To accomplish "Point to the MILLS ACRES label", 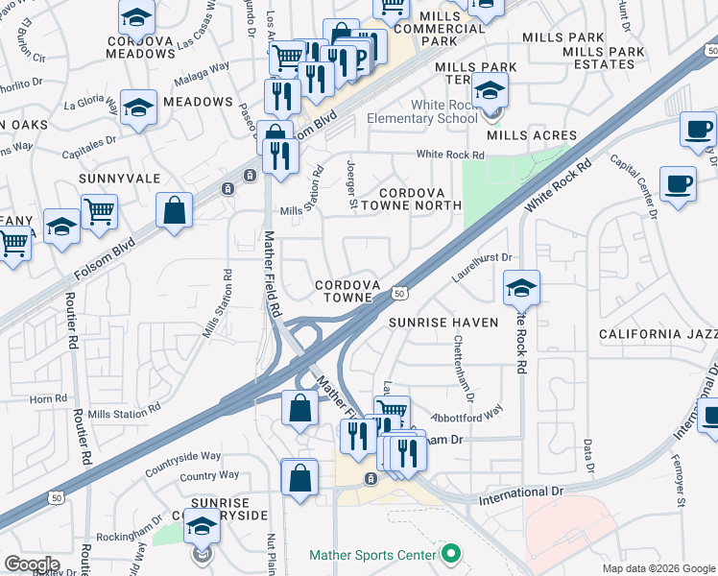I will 531,135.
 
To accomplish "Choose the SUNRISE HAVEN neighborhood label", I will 443,323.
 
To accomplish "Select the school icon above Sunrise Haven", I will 521,287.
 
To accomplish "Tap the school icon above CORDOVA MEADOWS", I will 137,17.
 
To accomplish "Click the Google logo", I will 33,564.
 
